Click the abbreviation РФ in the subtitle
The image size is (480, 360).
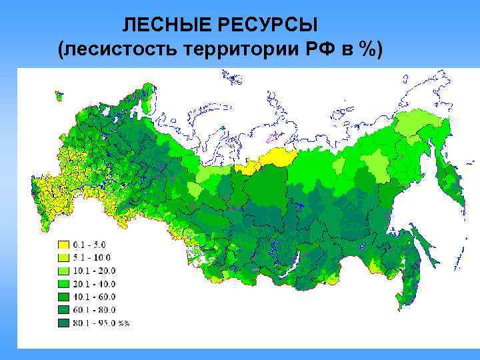pos(326,49)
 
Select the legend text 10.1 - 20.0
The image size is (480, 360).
pos(96,271)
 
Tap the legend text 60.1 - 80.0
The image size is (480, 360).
pos(96,310)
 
